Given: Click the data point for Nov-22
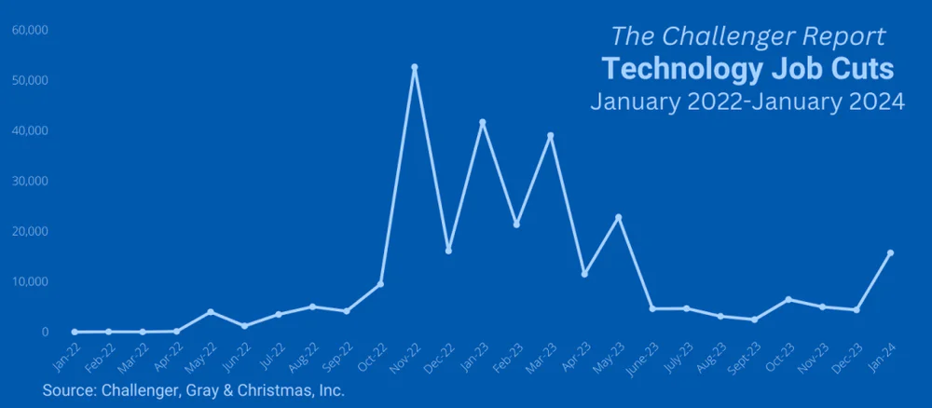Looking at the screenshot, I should point(415,67).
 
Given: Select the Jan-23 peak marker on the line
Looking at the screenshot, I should point(483,122).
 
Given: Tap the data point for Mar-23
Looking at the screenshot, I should point(551,135).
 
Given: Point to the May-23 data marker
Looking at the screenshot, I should point(619,217).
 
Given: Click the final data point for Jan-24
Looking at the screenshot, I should point(891,252).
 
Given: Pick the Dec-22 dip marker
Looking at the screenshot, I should point(448,251).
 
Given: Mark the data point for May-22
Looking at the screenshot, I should point(211,311).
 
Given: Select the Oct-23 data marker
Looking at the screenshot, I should point(788,299).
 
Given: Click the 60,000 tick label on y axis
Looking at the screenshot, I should point(30,30).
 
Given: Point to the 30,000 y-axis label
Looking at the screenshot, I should point(30,181).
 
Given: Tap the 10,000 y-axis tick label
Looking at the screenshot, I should point(30,281).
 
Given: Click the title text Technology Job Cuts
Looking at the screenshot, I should point(747,69).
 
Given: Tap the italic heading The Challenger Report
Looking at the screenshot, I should point(747,36).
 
